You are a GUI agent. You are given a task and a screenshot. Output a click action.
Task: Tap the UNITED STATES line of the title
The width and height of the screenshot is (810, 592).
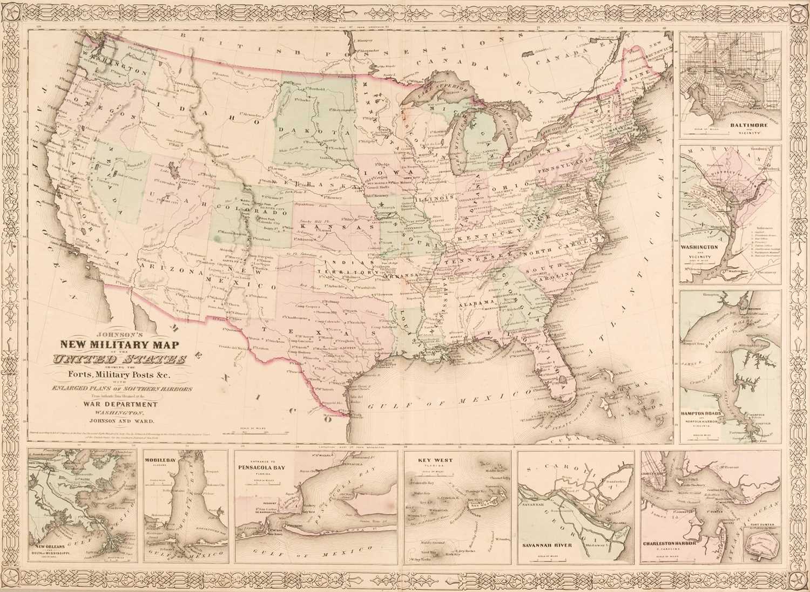point(120,360)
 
